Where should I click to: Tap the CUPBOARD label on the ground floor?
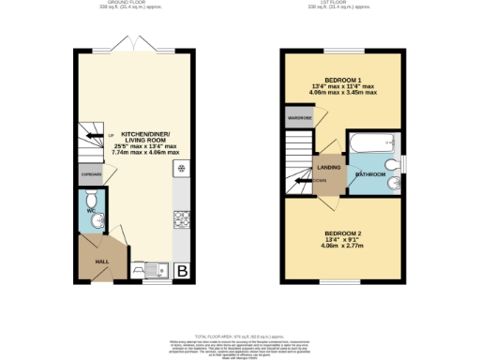[x=91, y=174]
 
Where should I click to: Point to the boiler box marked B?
[x=182, y=272]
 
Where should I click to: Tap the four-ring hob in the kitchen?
[x=180, y=220]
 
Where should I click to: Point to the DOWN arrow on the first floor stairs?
[x=320, y=180]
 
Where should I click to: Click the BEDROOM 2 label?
[x=343, y=232]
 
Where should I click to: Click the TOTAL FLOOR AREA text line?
[x=239, y=335]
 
